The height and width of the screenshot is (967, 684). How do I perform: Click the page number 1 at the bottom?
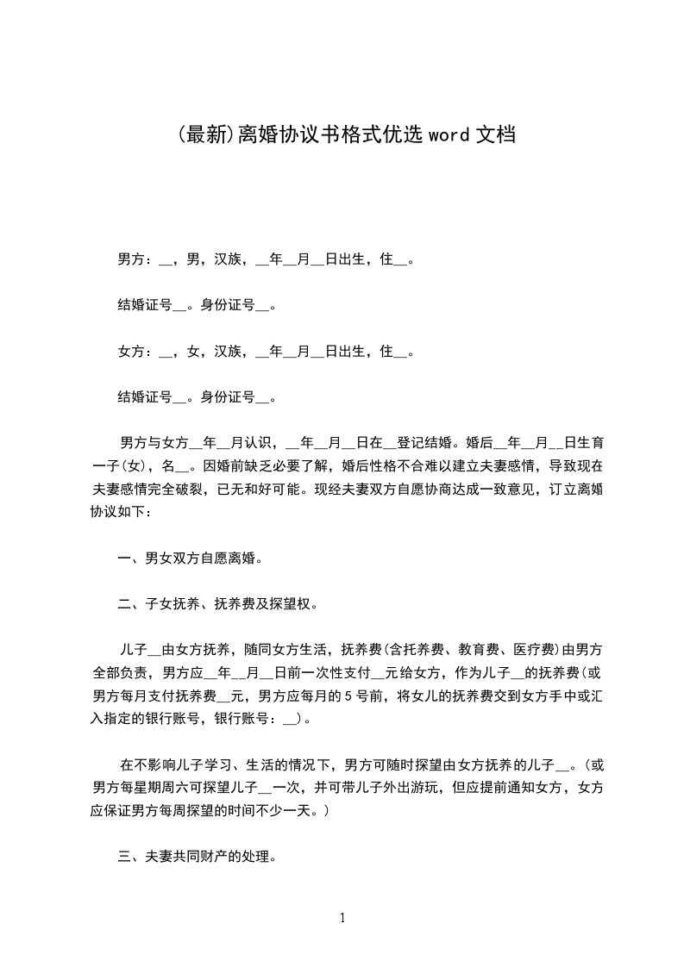pyautogui.click(x=342, y=918)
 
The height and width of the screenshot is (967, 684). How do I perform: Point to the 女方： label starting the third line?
pyautogui.click(x=135, y=352)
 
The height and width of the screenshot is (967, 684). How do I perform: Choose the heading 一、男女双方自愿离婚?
pyautogui.click(x=190, y=558)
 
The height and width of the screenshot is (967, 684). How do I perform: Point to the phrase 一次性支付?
pyautogui.click(x=333, y=673)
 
